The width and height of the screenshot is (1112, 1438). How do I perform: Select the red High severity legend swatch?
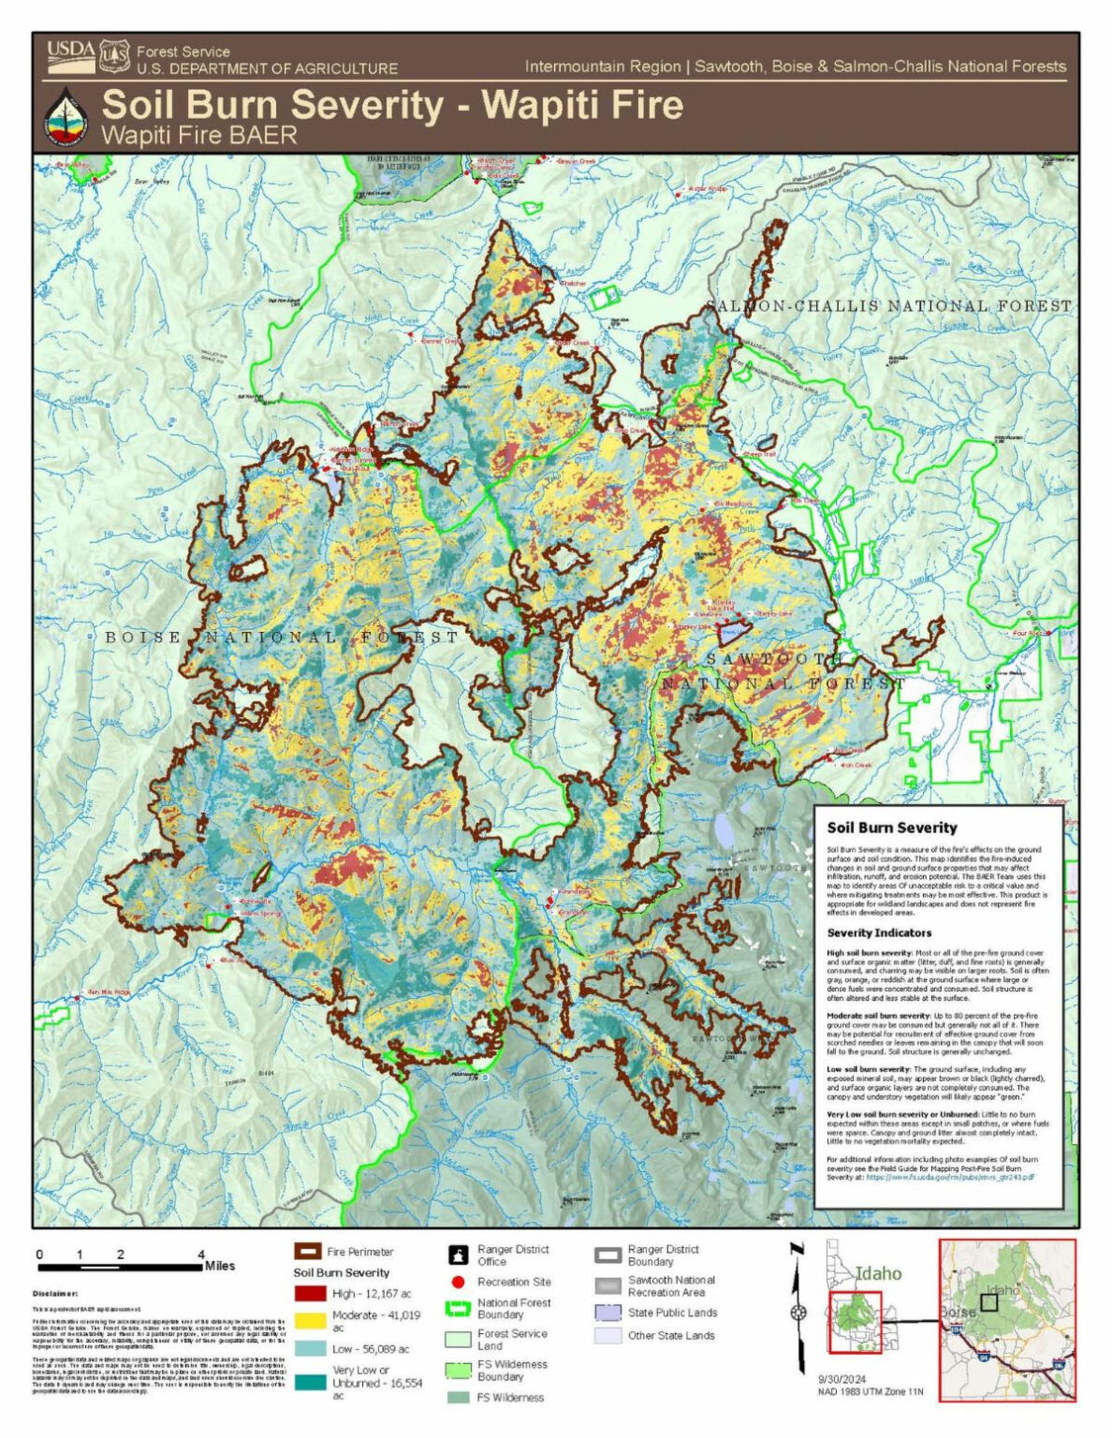coord(309,1294)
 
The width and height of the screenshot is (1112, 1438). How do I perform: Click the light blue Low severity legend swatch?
coord(309,1349)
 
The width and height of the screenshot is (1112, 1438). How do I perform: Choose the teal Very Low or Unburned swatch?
coord(309,1382)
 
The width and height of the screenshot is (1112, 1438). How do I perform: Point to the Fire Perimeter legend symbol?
coord(308,1252)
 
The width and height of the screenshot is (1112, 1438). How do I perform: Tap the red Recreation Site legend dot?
coord(459,1282)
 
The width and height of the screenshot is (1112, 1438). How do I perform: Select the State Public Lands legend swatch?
coord(608,1313)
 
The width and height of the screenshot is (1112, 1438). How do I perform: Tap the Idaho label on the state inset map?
coord(878,1273)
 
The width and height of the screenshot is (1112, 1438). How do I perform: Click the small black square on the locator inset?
coord(988,1300)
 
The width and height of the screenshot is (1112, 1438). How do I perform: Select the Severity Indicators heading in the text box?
coord(879,932)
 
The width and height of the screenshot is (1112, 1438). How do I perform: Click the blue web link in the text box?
coord(949,1176)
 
